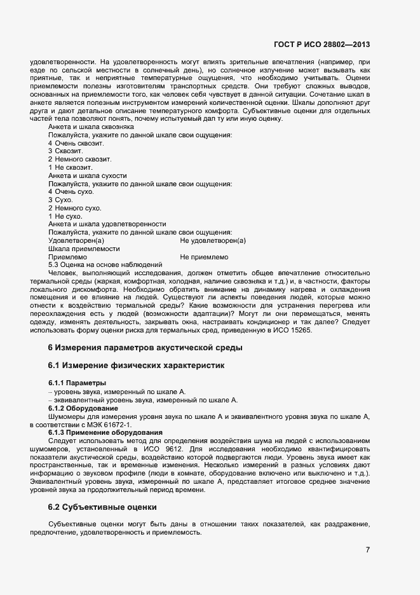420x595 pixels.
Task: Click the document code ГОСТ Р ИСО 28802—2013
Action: pyautogui.click(x=322, y=44)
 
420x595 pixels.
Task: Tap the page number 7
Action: pyautogui.click(x=367, y=550)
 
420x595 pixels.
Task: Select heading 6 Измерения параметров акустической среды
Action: pyautogui.click(x=145, y=347)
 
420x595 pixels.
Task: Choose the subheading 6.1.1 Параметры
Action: pyautogui.click(x=74, y=383)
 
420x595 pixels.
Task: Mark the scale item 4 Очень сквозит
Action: pyautogui.click(x=76, y=144)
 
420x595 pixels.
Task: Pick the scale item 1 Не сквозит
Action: pyautogui.click(x=71, y=167)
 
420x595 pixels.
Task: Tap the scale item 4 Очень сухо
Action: pyautogui.click(x=71, y=191)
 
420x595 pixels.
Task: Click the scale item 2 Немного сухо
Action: pyautogui.click(x=74, y=208)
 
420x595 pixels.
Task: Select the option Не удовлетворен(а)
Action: pyautogui.click(x=213, y=240)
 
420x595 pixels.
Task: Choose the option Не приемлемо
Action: pyautogui.click(x=204, y=257)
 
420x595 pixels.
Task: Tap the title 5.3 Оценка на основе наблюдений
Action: pyautogui.click(x=105, y=264)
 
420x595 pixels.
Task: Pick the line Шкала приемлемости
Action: pyautogui.click(x=81, y=249)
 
